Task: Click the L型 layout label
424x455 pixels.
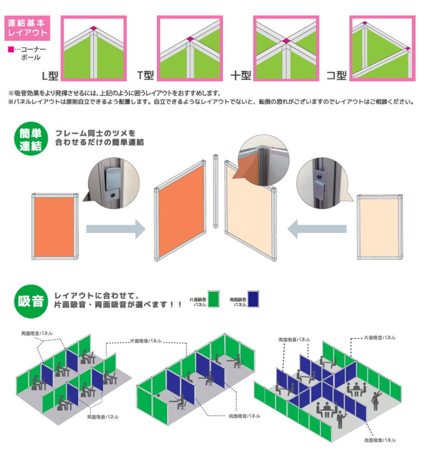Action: coord(49,76)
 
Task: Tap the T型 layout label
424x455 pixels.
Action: coord(146,75)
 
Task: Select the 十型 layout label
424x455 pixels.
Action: coord(240,76)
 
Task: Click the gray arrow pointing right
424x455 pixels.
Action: coord(115,229)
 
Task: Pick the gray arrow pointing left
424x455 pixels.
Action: coord(316,229)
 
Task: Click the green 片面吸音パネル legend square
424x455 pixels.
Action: coord(213,299)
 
